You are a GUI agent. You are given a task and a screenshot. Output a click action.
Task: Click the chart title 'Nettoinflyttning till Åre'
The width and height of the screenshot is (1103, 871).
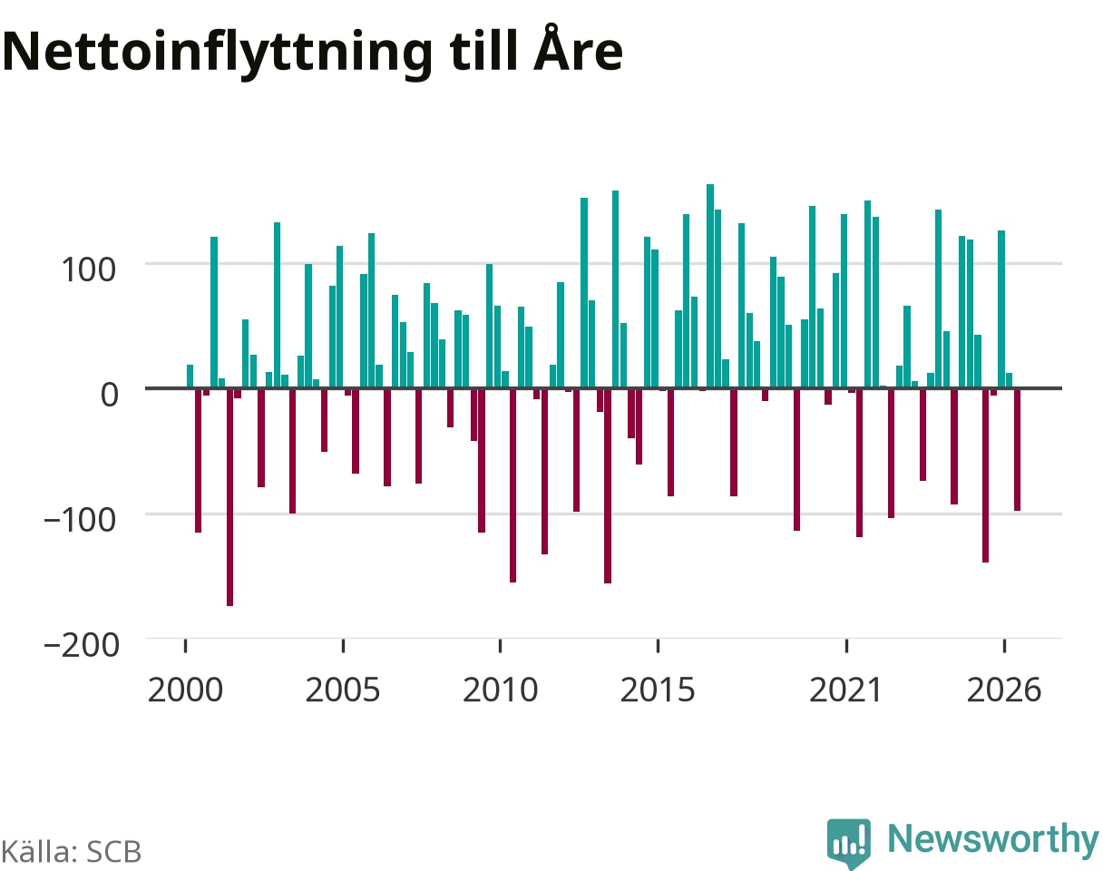pos(312,53)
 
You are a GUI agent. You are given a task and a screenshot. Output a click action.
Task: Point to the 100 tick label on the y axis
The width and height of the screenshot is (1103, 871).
pos(88,269)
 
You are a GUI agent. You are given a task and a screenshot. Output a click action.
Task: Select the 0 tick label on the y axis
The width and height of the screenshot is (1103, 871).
pos(109,395)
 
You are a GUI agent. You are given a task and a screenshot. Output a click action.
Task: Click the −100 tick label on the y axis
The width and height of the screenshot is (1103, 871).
pos(80,520)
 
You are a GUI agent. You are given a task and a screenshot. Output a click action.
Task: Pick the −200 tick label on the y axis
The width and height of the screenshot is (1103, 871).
pos(82,645)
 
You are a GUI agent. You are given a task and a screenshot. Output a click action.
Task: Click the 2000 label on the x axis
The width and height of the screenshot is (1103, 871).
pos(185,690)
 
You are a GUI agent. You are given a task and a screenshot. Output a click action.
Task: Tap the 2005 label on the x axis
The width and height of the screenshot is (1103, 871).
pos(343,690)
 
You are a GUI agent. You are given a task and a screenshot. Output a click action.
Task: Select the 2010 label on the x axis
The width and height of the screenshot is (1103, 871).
pos(500,690)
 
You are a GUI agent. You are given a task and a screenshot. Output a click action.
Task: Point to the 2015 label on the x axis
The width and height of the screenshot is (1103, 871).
pos(659,690)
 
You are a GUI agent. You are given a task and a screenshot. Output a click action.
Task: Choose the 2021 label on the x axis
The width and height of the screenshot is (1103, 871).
pos(846,690)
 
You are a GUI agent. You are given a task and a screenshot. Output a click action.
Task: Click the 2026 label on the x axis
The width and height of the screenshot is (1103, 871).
pos(1004,690)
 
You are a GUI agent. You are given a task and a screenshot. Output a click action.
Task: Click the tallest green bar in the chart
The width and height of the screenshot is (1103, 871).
pos(710,286)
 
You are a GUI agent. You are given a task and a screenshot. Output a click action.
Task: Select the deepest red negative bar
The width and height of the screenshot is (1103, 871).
pos(229,498)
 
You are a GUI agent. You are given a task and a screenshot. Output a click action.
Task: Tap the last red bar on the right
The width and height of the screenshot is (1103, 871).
pos(1017,450)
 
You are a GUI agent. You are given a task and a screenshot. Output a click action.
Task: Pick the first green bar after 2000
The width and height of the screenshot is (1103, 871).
pos(190,377)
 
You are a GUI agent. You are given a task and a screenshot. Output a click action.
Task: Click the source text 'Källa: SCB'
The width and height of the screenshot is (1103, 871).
pos(72,852)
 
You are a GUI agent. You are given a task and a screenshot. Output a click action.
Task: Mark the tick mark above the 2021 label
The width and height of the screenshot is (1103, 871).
pos(846,645)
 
